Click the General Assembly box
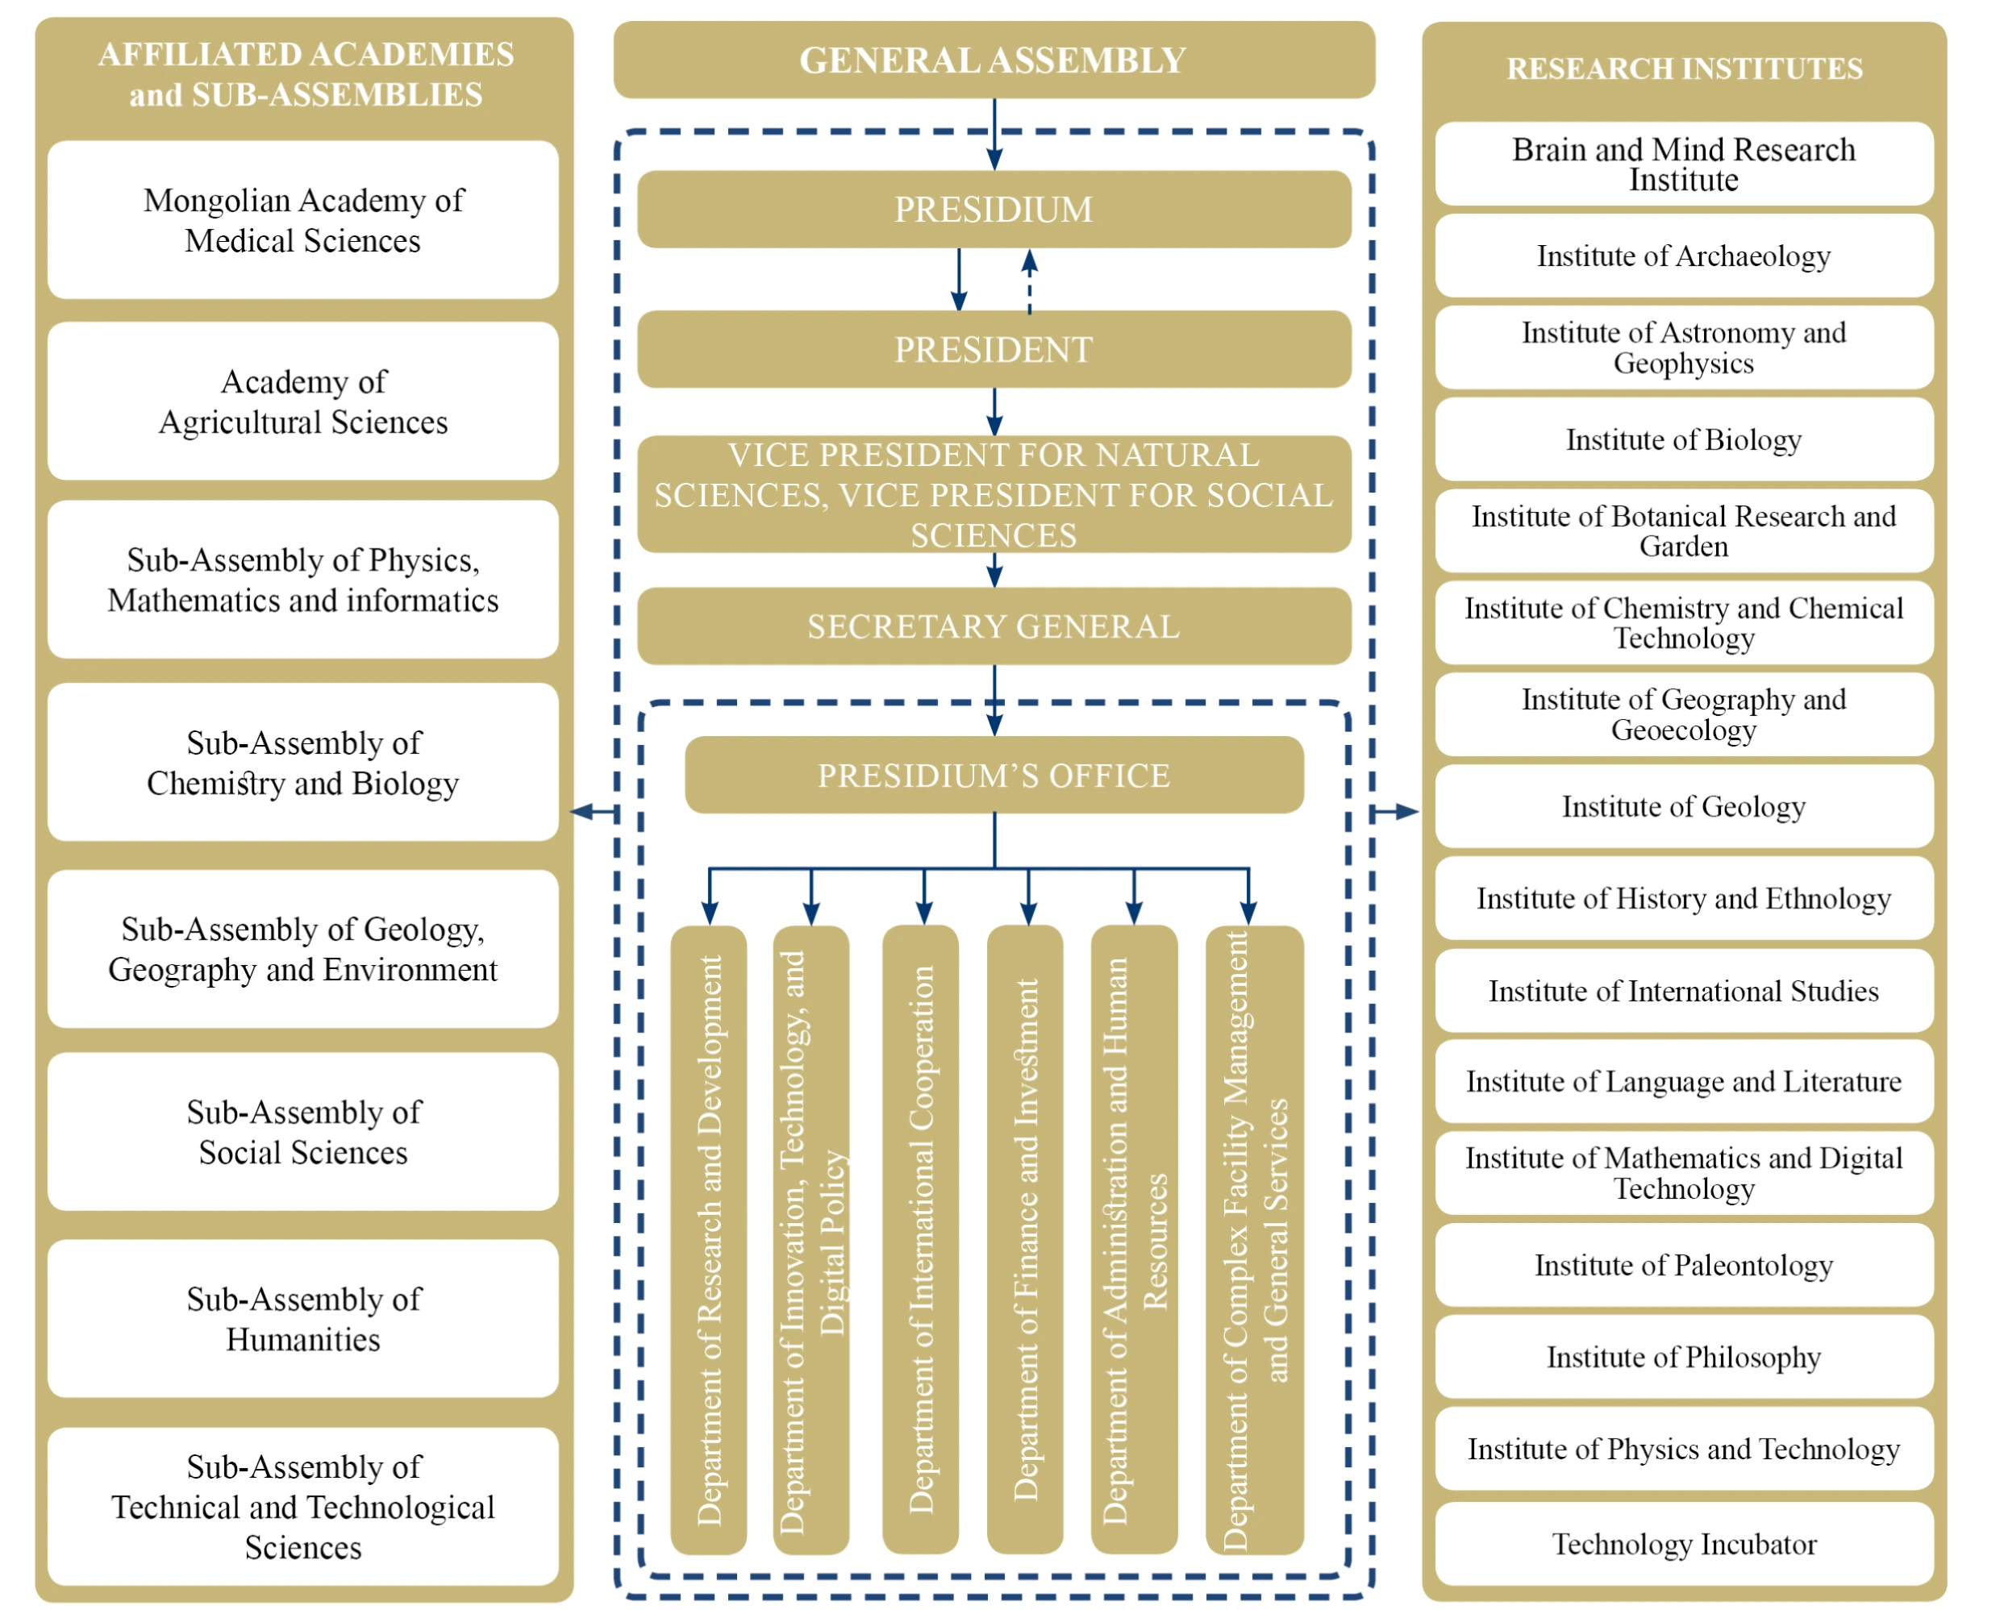pyautogui.click(x=994, y=60)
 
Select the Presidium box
pyautogui.click(x=994, y=210)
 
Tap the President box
pyautogui.click(x=994, y=350)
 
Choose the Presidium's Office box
pyautogui.click(x=994, y=776)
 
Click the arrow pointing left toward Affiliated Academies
pyautogui.click(x=594, y=813)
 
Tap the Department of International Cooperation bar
pyautogui.click(x=920, y=1239)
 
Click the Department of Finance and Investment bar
pyautogui.click(x=1025, y=1239)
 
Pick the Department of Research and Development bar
pyautogui.click(x=709, y=1239)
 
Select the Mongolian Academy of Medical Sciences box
pyautogui.click(x=303, y=221)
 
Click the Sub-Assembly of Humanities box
pyautogui.click(x=303, y=1319)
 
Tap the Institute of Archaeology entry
pyautogui.click(x=1684, y=256)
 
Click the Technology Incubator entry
pyautogui.click(x=1684, y=1544)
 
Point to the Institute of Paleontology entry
pyautogui.click(x=1684, y=1265)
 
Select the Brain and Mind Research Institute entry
pyautogui.click(x=1684, y=164)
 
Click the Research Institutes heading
pyautogui.click(x=1684, y=69)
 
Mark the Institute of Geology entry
pyautogui.click(x=1684, y=807)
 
